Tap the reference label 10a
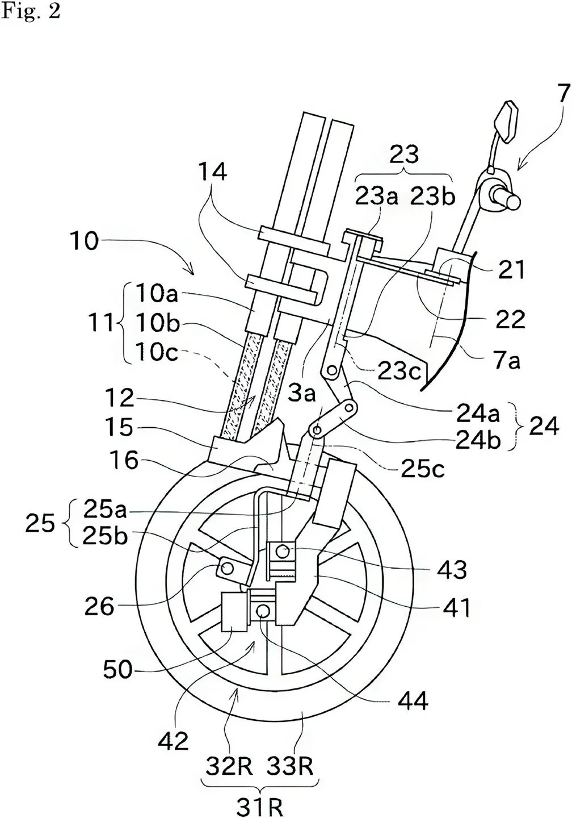click(x=157, y=294)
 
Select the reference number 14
click(x=213, y=172)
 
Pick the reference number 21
click(x=511, y=270)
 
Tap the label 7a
click(x=508, y=360)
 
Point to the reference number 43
click(x=452, y=570)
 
